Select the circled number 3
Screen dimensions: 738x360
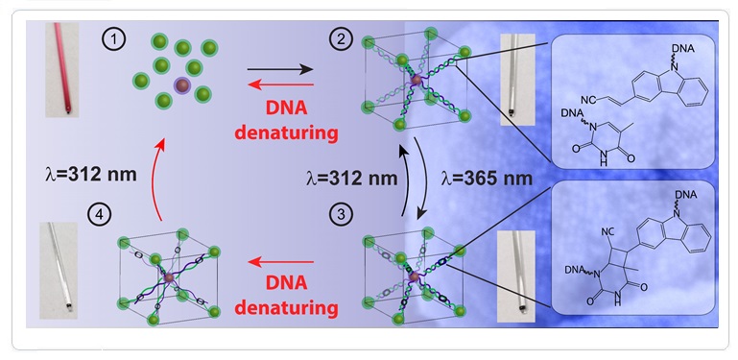(341, 215)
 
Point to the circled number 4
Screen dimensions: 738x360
(99, 216)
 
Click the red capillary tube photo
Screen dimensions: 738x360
(61, 69)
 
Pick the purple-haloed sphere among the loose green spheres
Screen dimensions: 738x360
(181, 85)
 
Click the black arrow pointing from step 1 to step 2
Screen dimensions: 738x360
(280, 70)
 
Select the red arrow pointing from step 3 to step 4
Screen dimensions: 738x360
(281, 262)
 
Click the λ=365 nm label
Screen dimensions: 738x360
(487, 179)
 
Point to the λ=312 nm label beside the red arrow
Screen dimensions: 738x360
(90, 175)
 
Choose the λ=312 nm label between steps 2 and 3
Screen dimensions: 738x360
(351, 179)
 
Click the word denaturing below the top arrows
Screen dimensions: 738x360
(287, 133)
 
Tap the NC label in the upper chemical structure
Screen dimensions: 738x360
(588, 100)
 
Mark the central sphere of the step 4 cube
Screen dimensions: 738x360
(169, 278)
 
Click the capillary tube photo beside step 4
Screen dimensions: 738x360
(59, 271)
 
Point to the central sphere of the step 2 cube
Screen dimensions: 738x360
(416, 81)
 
